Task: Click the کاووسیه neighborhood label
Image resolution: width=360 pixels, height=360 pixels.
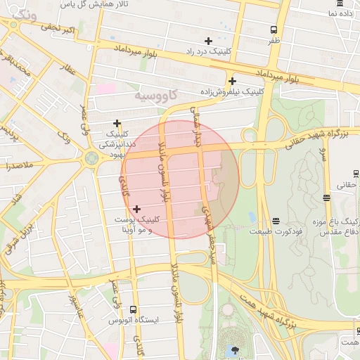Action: point(155,94)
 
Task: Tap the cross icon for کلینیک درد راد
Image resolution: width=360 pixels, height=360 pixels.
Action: point(207,40)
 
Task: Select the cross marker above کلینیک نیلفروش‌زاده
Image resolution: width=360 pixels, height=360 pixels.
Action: point(232,81)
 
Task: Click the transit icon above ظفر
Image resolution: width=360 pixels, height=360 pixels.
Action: point(274,30)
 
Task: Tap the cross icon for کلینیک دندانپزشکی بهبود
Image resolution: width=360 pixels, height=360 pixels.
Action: point(117,123)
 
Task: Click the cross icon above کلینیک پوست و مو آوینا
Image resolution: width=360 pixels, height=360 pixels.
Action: point(136,208)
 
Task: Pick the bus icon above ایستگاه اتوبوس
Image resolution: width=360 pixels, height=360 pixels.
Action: point(134,309)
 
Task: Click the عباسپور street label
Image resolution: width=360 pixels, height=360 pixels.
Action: point(75,309)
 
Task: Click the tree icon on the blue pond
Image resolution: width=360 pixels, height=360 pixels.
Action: point(233,349)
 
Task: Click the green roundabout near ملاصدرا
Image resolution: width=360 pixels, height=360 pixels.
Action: point(91,157)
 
